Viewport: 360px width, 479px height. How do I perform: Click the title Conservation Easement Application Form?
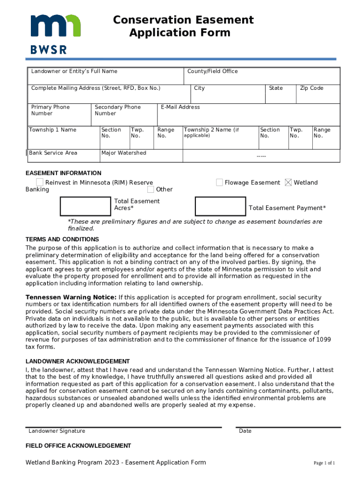[x=183, y=26]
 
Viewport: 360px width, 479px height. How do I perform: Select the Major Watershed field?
[x=140, y=156]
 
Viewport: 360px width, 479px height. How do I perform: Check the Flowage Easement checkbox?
[x=219, y=182]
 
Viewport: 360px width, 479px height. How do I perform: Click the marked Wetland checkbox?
[x=288, y=182]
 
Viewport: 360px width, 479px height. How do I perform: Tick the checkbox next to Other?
[x=151, y=189]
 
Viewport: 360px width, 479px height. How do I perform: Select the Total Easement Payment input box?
[x=220, y=206]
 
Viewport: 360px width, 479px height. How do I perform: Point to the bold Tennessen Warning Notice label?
[x=71, y=298]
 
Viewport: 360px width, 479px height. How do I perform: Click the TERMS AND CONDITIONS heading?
[x=62, y=239]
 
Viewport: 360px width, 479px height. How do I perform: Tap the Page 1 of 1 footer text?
[x=324, y=463]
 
